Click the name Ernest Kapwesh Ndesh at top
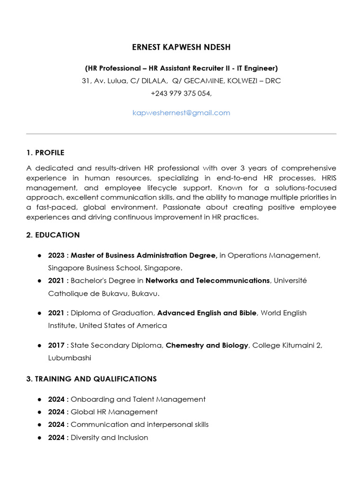coord(181,47)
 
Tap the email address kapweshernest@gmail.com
coord(181,113)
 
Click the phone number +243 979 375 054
coord(181,94)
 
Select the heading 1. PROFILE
coord(45,153)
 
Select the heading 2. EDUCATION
coord(53,235)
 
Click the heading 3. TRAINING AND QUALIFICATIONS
coord(91,379)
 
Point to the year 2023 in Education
coord(56,256)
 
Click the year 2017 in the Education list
coord(56,346)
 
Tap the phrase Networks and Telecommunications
coord(207,281)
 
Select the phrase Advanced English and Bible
coord(207,313)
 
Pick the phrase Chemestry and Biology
coord(207,346)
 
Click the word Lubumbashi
coord(69,358)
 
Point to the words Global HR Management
coord(114,412)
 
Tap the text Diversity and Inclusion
coord(109,438)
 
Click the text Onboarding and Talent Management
coord(138,399)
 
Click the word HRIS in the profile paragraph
coord(327,178)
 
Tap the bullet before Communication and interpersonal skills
coord(40,425)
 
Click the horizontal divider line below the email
coord(181,134)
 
